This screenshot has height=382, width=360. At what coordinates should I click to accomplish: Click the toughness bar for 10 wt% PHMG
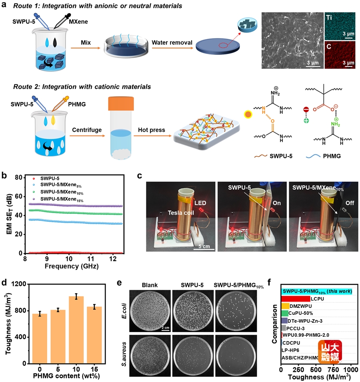(x=76, y=330)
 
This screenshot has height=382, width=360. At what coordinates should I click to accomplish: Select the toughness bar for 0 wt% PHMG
(x=40, y=338)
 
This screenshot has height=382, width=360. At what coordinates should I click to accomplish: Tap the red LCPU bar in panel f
(x=296, y=299)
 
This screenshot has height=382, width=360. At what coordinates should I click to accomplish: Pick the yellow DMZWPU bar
(x=285, y=306)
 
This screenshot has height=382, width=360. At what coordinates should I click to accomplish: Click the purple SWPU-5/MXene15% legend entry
(x=59, y=199)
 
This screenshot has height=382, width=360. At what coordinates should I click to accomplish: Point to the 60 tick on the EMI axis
(x=18, y=196)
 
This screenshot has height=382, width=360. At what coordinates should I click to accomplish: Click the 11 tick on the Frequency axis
(x=91, y=259)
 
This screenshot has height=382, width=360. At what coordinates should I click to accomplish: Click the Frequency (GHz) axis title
(x=72, y=266)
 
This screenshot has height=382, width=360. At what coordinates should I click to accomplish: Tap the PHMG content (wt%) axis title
(x=66, y=376)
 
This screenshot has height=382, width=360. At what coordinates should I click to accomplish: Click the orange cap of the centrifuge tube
(x=121, y=103)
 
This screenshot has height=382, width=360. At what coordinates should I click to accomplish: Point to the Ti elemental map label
(x=329, y=17)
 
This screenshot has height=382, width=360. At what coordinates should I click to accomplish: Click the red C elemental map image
(x=340, y=54)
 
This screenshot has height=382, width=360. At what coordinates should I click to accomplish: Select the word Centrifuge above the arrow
(x=87, y=130)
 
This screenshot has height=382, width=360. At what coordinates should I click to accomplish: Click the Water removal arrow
(x=172, y=48)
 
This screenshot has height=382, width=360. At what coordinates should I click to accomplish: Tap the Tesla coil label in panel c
(x=181, y=213)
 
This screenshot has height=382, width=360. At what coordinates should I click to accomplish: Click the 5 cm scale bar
(x=204, y=249)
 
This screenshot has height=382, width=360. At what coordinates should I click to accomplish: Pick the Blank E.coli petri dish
(x=150, y=310)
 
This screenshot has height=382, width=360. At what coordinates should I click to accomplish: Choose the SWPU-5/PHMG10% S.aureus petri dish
(x=236, y=356)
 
